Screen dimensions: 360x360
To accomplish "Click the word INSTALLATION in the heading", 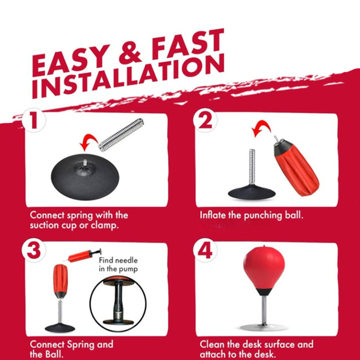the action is pyautogui.click(x=128, y=77).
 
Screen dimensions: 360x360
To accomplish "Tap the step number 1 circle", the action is pyautogui.click(x=34, y=120).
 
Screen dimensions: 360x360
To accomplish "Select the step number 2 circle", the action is pyautogui.click(x=205, y=120).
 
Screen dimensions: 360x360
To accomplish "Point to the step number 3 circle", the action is pyautogui.click(x=34, y=250).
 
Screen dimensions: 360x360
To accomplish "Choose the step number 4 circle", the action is pyautogui.click(x=205, y=250).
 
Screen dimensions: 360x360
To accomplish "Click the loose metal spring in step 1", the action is pyautogui.click(x=121, y=135).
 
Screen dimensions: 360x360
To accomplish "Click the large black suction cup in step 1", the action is pyautogui.click(x=85, y=177).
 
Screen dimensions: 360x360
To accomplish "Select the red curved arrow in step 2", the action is pyautogui.click(x=262, y=127).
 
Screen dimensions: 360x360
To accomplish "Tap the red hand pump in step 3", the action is pyautogui.click(x=83, y=255).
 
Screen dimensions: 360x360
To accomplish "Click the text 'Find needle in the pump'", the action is pyautogui.click(x=118, y=265).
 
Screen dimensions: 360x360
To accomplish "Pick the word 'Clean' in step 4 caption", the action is pyautogui.click(x=212, y=344).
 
